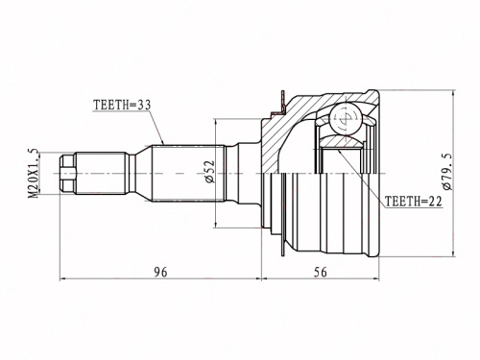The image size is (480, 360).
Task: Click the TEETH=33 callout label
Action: coord(122,105)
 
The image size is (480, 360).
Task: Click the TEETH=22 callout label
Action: coord(413,202)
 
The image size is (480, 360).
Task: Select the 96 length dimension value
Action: coord(160,273)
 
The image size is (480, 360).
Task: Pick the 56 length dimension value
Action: coord(321,273)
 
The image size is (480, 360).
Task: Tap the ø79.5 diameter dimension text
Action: coord(446,171)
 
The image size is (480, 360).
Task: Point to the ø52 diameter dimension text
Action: coord(209,172)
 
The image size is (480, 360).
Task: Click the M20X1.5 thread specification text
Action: coord(34,173)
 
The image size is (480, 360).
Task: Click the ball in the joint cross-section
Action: coord(347,118)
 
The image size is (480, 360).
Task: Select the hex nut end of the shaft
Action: coord(68,174)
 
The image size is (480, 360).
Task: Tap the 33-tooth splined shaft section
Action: coord(187,174)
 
